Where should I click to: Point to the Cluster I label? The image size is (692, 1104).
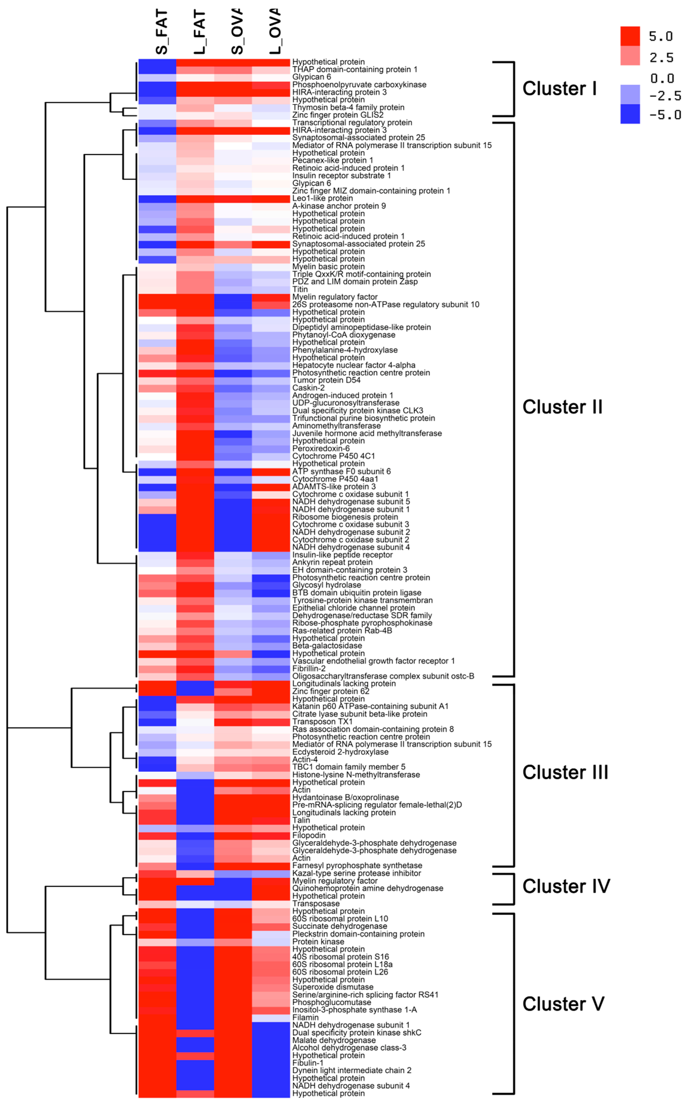coord(559,88)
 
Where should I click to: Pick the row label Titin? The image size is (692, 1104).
coord(300,289)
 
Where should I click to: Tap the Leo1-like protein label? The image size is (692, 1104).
coord(323,198)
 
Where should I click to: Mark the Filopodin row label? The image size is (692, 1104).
coord(309,835)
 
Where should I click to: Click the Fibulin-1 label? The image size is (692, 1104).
coord(308,1063)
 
